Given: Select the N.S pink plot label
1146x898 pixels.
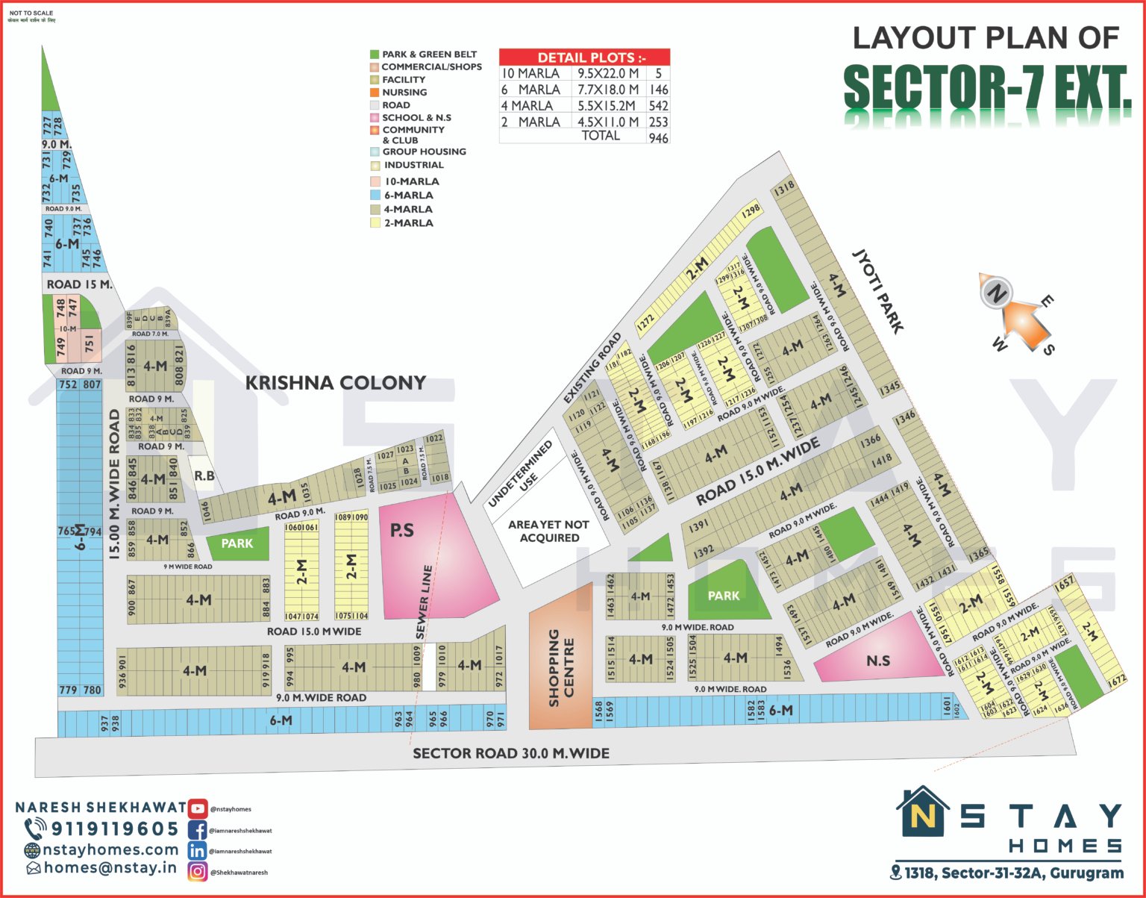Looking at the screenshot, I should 878,661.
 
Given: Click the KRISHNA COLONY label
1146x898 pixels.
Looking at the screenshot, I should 336,383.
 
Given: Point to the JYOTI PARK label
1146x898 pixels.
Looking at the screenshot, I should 878,291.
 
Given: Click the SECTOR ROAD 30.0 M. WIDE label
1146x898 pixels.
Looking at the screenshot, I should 511,753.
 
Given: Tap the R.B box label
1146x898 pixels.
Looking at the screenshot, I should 204,475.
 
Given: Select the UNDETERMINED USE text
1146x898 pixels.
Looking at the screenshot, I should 520,474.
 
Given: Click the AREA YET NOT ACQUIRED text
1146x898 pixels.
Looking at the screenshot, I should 548,531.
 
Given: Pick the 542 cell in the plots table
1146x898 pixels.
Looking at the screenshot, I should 658,106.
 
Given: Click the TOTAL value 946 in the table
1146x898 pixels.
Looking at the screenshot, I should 658,137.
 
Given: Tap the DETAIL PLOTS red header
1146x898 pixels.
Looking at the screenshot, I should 584,57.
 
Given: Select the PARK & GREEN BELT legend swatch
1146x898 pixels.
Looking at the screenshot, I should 375,54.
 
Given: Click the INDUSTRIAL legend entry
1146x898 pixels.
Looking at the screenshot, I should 413,165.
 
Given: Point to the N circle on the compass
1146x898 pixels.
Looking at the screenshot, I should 995,292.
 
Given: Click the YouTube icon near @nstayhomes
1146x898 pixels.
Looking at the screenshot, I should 198,808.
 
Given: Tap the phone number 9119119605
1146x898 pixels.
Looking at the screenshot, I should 114,829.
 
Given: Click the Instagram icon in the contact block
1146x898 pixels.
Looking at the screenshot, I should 198,871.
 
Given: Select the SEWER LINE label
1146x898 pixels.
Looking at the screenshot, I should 424,602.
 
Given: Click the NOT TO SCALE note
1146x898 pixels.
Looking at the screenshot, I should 31,13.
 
